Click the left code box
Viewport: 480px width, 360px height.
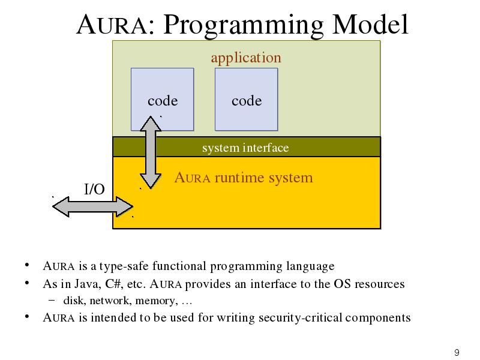point(162,99)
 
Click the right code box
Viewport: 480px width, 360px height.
point(247,99)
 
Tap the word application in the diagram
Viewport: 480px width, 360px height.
point(246,58)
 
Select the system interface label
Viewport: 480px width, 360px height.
point(245,148)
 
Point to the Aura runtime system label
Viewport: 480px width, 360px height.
point(244,178)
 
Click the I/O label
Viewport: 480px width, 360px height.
point(94,189)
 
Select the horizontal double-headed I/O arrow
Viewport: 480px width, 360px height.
point(93,207)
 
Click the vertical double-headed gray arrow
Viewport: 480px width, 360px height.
point(151,152)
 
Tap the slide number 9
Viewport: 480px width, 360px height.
point(457,353)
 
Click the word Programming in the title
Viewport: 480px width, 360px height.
point(244,25)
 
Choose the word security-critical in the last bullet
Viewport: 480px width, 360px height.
point(301,318)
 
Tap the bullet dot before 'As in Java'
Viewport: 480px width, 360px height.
point(27,283)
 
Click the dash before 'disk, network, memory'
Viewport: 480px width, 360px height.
point(52,300)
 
